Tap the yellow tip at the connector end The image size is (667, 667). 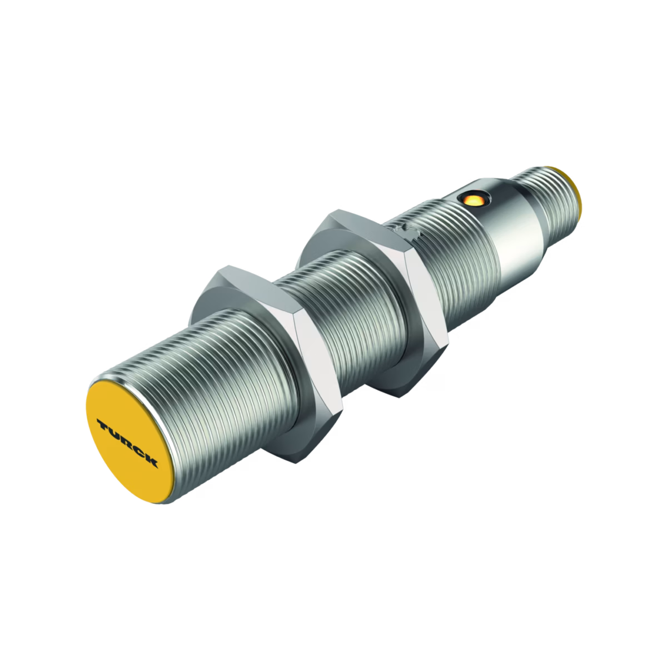pyautogui.click(x=577, y=198)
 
